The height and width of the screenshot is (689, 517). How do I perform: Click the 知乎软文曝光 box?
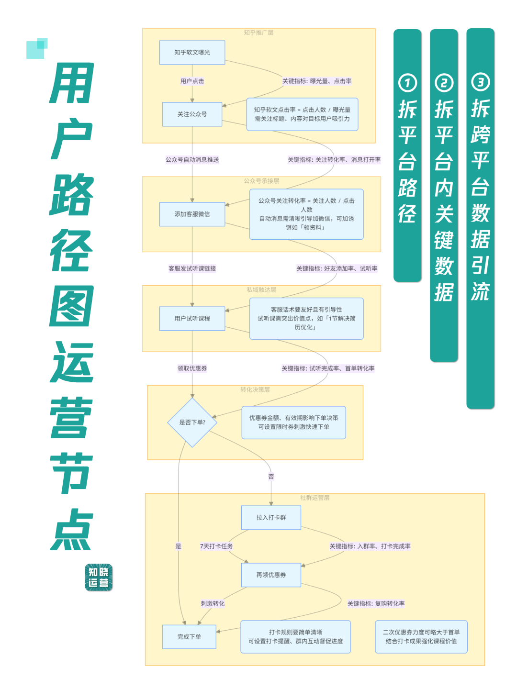[x=192, y=53]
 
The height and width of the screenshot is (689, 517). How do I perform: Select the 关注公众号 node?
[x=192, y=114]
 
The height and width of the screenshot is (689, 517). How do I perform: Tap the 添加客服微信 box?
[x=192, y=214]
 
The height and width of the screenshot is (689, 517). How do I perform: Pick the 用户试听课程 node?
[x=192, y=318]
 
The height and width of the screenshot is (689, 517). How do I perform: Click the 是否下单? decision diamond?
[x=192, y=422]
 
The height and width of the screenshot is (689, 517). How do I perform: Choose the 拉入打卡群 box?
[x=271, y=517]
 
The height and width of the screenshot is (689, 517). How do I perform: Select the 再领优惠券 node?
[x=271, y=575]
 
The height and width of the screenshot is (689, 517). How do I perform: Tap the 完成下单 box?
[x=189, y=637]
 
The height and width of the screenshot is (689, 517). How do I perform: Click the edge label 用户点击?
[x=192, y=81]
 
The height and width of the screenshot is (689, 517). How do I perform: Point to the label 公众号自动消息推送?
[x=192, y=160]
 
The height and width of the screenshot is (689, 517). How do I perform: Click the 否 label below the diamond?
[x=271, y=477]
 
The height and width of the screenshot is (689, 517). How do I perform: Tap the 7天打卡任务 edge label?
[x=216, y=546]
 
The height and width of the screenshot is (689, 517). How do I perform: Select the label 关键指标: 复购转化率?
[x=376, y=604]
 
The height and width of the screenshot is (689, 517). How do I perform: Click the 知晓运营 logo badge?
[x=99, y=578]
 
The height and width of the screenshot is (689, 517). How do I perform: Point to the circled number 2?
[x=444, y=83]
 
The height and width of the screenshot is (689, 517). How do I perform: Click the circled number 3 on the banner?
[x=480, y=82]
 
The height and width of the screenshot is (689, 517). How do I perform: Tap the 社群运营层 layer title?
[x=315, y=498]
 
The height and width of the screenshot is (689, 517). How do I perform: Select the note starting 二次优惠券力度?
[x=421, y=637]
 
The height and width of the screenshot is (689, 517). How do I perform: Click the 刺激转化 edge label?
[x=213, y=604]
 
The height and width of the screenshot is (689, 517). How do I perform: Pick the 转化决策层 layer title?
[x=255, y=390]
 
